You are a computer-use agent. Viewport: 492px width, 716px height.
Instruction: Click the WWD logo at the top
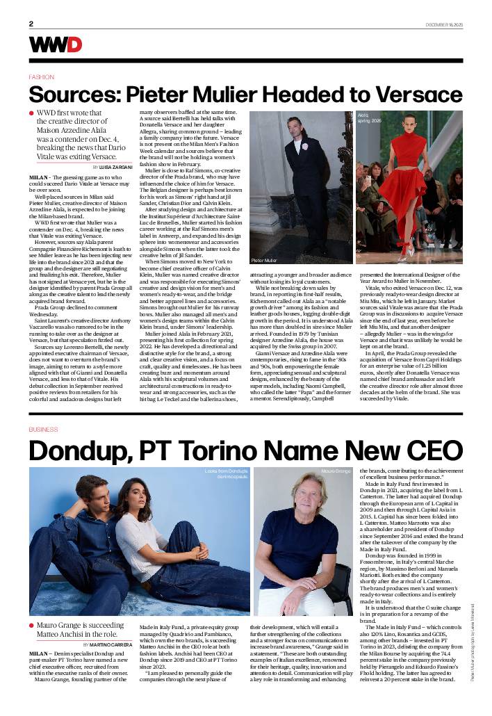[x=55, y=44]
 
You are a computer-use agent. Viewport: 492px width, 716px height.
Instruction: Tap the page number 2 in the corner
[x=31, y=24]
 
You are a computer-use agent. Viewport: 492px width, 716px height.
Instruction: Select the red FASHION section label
[x=41, y=77]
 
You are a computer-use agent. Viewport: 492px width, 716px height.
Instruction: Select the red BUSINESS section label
[x=43, y=430]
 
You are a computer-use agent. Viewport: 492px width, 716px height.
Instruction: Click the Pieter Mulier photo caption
[x=264, y=259]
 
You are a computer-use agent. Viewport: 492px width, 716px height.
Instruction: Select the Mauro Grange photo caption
[x=336, y=471]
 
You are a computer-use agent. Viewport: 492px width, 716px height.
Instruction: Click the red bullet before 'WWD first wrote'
[x=31, y=113]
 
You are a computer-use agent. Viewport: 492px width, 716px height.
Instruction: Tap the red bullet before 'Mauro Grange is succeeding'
[x=31, y=626]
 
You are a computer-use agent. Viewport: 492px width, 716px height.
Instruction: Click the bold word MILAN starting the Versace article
[x=38, y=178]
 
